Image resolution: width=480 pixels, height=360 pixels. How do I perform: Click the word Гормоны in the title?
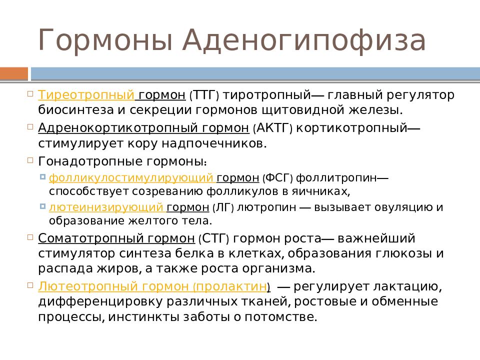pyautogui.click(x=105, y=40)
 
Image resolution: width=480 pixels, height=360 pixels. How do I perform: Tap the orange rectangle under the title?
pyautogui.click(x=14, y=74)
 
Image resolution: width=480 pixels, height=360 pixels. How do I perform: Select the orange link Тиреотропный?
pyautogui.click(x=86, y=95)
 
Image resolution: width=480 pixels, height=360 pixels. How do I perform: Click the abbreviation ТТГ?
pyautogui.click(x=204, y=95)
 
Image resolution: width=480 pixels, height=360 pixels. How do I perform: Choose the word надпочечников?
pyautogui.click(x=214, y=143)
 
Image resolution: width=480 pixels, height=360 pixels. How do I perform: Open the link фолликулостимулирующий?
pyautogui.click(x=131, y=178)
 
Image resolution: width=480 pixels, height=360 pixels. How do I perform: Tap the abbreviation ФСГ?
pyautogui.click(x=278, y=178)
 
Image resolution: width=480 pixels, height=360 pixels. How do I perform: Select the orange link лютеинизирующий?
pyautogui.click(x=106, y=207)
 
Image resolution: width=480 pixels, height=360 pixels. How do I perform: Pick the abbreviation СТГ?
pyautogui.click(x=213, y=238)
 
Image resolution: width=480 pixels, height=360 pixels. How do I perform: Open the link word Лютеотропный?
pyautogui.click(x=88, y=286)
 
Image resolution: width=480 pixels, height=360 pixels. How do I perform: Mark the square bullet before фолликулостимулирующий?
pyautogui.click(x=42, y=176)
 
